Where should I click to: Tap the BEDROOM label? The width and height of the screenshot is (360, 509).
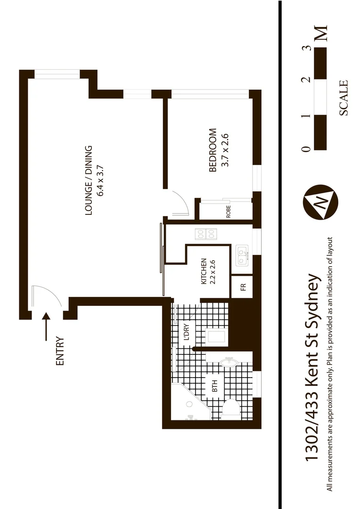[213, 150]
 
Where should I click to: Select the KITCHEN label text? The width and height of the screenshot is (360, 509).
[204, 271]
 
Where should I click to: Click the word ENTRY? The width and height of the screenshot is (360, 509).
[59, 351]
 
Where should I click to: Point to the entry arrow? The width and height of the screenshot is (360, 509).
[46, 327]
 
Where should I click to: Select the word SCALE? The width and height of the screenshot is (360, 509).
[343, 98]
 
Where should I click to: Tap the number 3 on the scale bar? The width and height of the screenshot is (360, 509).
[307, 48]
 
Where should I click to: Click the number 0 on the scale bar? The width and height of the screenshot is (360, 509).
[307, 149]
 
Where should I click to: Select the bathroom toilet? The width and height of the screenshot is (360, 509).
[232, 408]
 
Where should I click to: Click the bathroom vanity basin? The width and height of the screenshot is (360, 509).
[229, 362]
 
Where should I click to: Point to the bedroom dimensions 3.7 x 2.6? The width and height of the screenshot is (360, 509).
[225, 150]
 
